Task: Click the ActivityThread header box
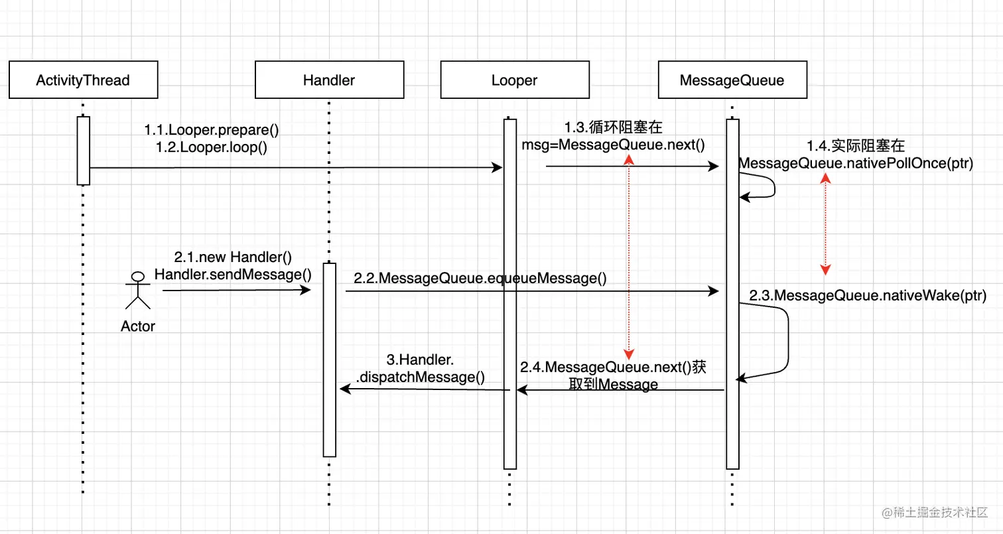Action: point(83,80)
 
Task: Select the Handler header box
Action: point(329,80)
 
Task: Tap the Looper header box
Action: point(514,80)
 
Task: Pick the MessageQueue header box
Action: point(732,80)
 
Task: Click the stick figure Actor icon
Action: point(138,291)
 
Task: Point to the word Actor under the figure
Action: point(138,326)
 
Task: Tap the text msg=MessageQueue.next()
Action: point(614,145)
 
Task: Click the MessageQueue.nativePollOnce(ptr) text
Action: point(856,164)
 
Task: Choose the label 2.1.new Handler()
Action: point(233,257)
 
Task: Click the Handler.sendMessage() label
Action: point(233,274)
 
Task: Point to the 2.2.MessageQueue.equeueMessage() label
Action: point(480,279)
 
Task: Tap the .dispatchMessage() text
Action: point(421,377)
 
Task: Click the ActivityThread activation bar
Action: point(83,151)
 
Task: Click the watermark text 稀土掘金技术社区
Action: point(941,512)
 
